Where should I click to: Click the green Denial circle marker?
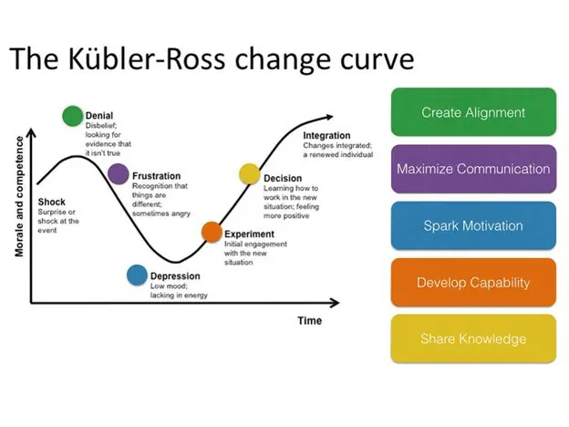pos(72,115)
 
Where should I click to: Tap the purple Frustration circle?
pos(118,173)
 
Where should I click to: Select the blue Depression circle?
pos(137,275)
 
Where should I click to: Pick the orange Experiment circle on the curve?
pos(211,232)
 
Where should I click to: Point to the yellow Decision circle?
pos(249,173)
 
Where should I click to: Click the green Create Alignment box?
pos(472,113)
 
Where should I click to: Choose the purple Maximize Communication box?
pos(472,169)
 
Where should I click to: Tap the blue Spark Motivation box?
pos(472,225)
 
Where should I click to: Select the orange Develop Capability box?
pos(472,282)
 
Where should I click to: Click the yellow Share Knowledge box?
pos(472,338)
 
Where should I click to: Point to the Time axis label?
pos(309,320)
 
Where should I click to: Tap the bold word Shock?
pos(52,202)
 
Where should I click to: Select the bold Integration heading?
pos(326,136)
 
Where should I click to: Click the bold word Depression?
pos(175,276)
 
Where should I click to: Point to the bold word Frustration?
pos(157,176)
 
